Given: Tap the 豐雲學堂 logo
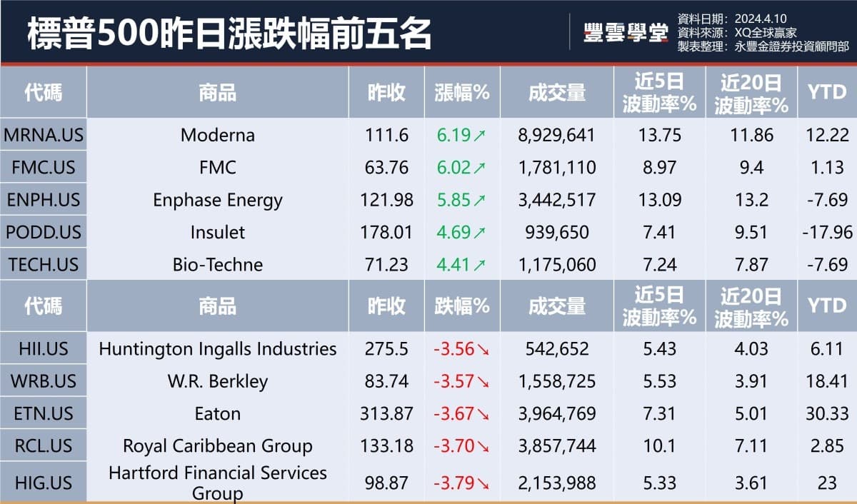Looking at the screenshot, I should (625, 33).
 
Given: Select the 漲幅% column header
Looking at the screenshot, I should (462, 92).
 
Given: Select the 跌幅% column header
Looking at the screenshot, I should (462, 306).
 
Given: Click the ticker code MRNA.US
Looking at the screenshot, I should (43, 135).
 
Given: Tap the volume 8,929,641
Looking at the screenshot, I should (556, 135).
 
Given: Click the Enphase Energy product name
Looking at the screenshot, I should (217, 200).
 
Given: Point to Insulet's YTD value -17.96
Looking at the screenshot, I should (827, 232).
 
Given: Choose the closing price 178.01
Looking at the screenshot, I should (386, 232).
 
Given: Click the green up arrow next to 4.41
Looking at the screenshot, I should (478, 265).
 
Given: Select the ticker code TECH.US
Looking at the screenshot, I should (43, 264).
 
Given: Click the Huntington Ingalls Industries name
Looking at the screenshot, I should (217, 349).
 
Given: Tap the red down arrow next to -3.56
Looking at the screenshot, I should (483, 350).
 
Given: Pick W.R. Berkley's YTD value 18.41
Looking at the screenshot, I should (827, 381).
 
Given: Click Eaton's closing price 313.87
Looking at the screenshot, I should (386, 414).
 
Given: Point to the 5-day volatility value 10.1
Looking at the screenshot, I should (659, 446).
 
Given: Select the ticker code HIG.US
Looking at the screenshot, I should (43, 483).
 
